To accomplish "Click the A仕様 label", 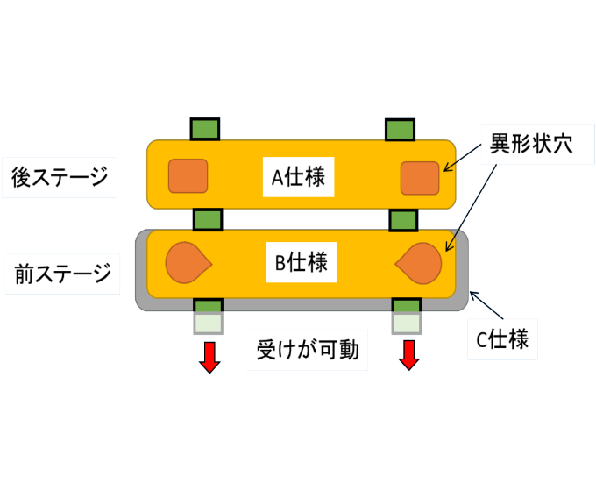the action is pyautogui.click(x=298, y=177).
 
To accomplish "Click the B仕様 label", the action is pyautogui.click(x=301, y=262).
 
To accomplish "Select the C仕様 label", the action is pyautogui.click(x=502, y=339).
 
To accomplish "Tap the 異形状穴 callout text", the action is pyautogui.click(x=531, y=144).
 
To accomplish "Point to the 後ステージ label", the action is pyautogui.click(x=60, y=177).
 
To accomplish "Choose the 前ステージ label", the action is pyautogui.click(x=62, y=274).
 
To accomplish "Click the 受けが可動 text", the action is pyautogui.click(x=308, y=350).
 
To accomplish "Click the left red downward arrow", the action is pyautogui.click(x=209, y=358).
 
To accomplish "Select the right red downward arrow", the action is pyautogui.click(x=409, y=355).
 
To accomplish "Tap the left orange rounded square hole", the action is pyautogui.click(x=188, y=175).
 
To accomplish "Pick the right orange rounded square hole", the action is pyautogui.click(x=420, y=178).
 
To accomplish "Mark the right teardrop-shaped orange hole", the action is pyautogui.click(x=418, y=264).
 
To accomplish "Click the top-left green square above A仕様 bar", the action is pyautogui.click(x=205, y=129).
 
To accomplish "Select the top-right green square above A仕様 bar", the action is pyautogui.click(x=400, y=130).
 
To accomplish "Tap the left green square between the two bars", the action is pyautogui.click(x=208, y=220).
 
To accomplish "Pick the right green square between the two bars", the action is pyautogui.click(x=403, y=220).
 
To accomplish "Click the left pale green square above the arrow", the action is pyautogui.click(x=208, y=324).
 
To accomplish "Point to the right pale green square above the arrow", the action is pyautogui.click(x=407, y=324).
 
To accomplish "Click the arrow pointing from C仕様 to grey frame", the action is pyautogui.click(x=486, y=305).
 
